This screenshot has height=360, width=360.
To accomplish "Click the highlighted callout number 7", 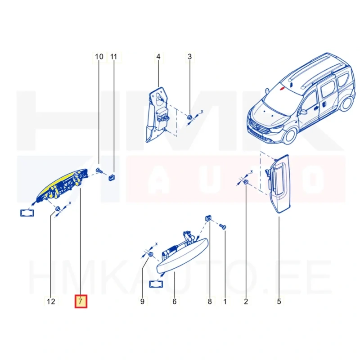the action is click(x=81, y=301).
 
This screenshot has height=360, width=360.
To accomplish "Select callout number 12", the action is click(x=51, y=301).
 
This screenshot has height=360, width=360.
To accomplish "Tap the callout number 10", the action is click(x=99, y=57).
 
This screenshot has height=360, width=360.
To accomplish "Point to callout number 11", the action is click(x=114, y=57).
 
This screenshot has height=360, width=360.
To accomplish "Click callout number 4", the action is click(x=158, y=57).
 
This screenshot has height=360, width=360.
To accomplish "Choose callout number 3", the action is click(x=189, y=57).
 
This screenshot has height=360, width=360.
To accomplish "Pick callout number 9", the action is click(x=142, y=301).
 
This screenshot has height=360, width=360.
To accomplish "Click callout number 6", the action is click(x=175, y=301).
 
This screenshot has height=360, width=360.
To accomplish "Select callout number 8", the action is click(x=210, y=301).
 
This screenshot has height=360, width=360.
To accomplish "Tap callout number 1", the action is click(x=225, y=301).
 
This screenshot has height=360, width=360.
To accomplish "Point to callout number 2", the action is click(x=246, y=301).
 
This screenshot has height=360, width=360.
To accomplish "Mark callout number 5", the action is click(x=279, y=301).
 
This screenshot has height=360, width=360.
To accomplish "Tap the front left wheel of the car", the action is click(x=290, y=136).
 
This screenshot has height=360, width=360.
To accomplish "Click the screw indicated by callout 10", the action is click(x=99, y=171).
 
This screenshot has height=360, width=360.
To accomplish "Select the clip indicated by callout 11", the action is click(x=112, y=177).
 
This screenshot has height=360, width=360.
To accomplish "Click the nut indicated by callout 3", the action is click(x=189, y=117).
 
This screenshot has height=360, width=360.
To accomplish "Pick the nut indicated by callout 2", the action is click(x=246, y=183).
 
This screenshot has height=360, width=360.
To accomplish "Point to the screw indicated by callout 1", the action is click(x=223, y=227).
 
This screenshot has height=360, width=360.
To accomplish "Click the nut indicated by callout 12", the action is click(x=57, y=209).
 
